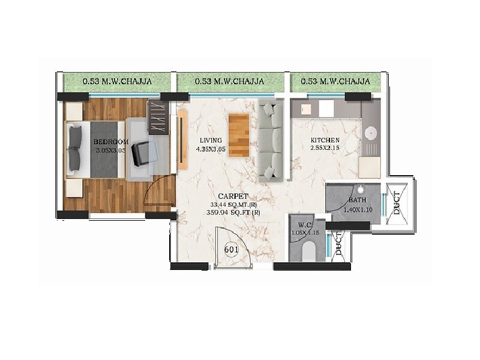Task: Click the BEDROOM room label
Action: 110,142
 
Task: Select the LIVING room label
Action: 211,141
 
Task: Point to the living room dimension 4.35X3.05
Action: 212,150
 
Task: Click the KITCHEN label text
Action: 325,140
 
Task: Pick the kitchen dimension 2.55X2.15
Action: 325,149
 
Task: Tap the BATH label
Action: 357,200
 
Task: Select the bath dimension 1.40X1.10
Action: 358,211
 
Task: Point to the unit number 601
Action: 232,249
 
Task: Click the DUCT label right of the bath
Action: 397,203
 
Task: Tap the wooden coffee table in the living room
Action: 239,134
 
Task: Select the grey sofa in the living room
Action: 271,141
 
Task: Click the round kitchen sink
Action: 370,131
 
